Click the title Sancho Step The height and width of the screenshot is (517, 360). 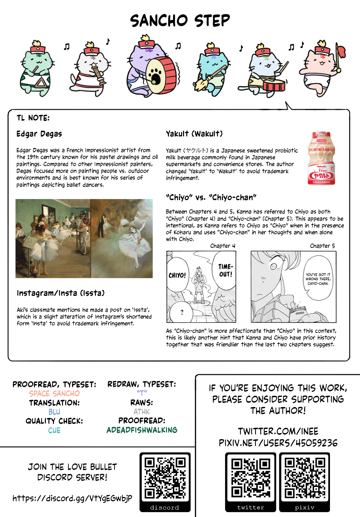180,21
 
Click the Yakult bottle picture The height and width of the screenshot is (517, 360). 321,158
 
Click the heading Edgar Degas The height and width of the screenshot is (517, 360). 39,134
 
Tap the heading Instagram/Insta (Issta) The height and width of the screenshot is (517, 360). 61,293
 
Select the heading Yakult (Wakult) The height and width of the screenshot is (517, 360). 194,134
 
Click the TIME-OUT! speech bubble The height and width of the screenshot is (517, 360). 225,270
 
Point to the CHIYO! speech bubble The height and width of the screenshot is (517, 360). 177,275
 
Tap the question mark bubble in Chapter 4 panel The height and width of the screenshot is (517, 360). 182,312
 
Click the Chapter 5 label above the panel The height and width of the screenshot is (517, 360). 322,246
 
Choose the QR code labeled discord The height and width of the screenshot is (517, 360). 165,478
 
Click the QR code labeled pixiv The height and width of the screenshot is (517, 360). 304,478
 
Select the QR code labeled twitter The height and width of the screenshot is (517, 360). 251,478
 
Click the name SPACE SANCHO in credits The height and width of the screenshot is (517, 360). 54,394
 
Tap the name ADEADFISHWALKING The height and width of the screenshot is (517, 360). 142,430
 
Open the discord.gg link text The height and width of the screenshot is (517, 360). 72,498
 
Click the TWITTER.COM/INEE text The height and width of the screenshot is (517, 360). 278,431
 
